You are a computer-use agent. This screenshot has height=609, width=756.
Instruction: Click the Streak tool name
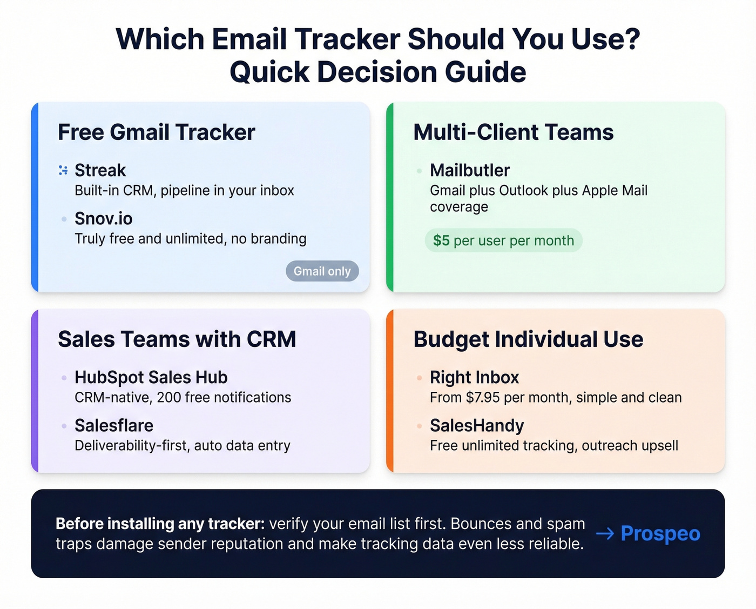click(100, 170)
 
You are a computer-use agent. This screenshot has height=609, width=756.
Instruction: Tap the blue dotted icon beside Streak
click(63, 170)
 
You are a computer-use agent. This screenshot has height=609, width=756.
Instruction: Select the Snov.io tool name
click(103, 218)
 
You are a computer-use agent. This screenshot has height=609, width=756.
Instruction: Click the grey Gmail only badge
click(322, 271)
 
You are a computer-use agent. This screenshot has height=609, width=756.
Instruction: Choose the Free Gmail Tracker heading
click(156, 132)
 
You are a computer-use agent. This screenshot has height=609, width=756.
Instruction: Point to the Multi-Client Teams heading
click(513, 132)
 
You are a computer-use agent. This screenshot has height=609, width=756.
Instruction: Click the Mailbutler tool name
click(469, 170)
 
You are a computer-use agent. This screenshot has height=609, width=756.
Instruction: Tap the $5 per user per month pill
click(503, 240)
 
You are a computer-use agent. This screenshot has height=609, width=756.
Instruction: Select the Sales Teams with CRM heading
click(177, 339)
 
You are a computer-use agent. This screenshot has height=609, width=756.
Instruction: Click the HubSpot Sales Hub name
click(151, 377)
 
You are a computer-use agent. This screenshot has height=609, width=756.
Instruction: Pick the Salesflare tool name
click(113, 425)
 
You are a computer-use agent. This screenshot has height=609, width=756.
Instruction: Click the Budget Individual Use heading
click(528, 339)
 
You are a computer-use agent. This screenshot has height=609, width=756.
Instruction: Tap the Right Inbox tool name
click(474, 377)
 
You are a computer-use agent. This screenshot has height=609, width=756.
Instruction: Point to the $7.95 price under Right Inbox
click(483, 398)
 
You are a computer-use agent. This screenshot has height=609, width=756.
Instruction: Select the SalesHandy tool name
click(476, 425)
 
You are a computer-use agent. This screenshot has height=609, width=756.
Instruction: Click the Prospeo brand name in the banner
click(660, 533)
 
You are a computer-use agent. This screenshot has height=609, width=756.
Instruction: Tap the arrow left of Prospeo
click(605, 534)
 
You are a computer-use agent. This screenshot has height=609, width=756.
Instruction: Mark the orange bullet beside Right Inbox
click(419, 378)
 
